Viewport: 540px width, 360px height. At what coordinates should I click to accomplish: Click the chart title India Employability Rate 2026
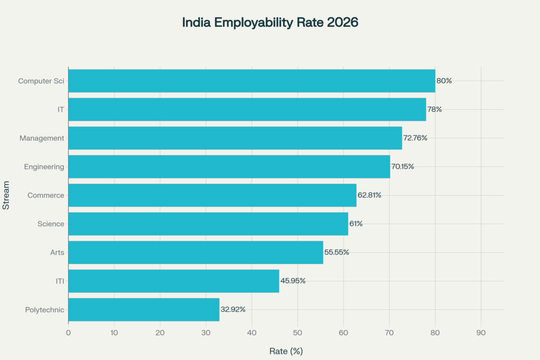[x=270, y=23]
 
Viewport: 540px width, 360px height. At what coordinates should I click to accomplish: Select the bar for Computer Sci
[x=252, y=81]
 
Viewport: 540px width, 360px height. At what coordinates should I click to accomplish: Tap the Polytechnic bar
[x=143, y=309]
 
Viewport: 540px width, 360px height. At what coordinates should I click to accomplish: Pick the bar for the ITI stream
[x=173, y=281]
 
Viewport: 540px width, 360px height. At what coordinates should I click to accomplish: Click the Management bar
[x=235, y=138]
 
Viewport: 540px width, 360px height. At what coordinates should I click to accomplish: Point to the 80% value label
[x=444, y=81]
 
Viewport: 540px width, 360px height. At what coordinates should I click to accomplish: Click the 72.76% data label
[x=415, y=138]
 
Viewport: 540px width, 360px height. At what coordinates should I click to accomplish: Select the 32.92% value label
[x=233, y=309]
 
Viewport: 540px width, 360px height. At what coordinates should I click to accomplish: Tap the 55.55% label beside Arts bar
[x=336, y=252]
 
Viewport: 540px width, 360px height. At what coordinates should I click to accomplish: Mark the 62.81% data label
[x=369, y=195]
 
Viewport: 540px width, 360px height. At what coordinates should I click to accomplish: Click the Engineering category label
[x=44, y=167]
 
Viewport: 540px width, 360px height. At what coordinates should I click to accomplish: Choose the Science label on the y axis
[x=51, y=224]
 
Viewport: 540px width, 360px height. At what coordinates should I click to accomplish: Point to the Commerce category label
[x=46, y=195]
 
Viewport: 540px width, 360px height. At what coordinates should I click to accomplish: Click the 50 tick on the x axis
[x=297, y=333]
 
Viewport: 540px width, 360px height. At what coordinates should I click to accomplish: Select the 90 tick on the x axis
[x=480, y=333]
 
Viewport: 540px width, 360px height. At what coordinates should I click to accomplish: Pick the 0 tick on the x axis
[x=69, y=333]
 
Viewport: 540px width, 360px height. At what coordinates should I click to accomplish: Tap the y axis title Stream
[x=6, y=195]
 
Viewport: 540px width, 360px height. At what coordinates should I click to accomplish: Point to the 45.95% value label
[x=293, y=281]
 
